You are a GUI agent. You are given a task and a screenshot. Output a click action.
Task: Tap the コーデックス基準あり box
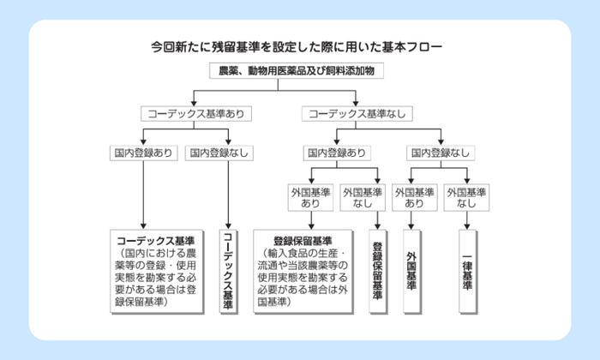[x=192, y=112]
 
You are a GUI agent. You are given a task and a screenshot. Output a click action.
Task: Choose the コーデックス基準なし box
[x=357, y=112]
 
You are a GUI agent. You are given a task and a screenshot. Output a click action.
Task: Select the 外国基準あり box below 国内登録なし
[x=414, y=198]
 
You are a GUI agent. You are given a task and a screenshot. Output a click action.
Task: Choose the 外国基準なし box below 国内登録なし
[x=466, y=198]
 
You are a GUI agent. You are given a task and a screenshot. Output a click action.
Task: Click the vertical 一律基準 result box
[x=466, y=271]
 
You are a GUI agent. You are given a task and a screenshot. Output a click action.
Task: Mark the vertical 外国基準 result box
[x=411, y=271]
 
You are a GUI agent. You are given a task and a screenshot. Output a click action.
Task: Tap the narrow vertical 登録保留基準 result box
[x=378, y=271]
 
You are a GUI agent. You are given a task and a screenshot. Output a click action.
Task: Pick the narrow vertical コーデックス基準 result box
[x=228, y=271]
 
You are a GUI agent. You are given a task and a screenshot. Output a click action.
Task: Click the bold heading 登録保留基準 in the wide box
[x=303, y=240]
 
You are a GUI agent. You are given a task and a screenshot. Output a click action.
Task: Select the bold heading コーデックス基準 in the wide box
[x=155, y=240]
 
